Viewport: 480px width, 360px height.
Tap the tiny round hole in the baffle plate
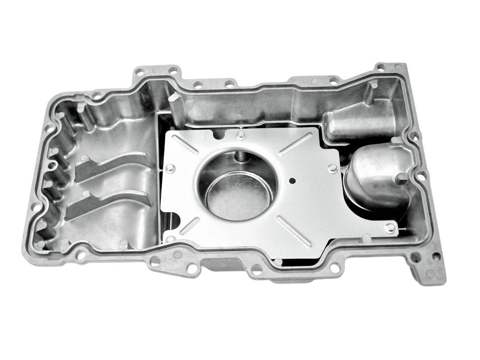[292, 181]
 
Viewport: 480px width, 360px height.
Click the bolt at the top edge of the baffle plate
[240, 135]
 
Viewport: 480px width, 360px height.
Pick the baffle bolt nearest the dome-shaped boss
[332, 169]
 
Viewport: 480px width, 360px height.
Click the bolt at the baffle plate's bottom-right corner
[390, 228]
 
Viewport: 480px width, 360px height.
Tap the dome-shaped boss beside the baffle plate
[375, 175]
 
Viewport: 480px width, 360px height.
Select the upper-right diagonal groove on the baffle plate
[296, 143]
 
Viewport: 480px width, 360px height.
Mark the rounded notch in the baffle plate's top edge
[221, 133]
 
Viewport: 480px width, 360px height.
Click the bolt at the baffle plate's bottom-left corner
[171, 239]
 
